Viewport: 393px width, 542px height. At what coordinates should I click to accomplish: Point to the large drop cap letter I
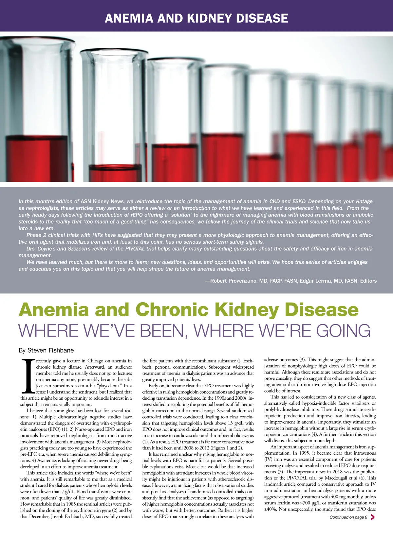(28, 376)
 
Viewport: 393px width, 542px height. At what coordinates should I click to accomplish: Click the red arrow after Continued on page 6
(372, 517)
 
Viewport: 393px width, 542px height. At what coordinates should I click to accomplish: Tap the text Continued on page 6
(348, 517)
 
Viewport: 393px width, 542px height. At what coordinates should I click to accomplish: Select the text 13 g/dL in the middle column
(236, 423)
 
